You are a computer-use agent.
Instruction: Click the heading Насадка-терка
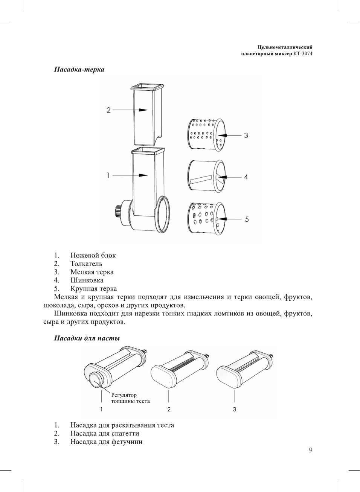coord(79,69)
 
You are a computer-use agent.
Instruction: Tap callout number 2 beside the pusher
coord(108,110)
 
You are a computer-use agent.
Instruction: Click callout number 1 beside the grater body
coord(108,175)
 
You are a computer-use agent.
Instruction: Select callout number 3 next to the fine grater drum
coord(246,136)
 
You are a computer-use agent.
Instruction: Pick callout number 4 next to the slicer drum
coord(246,177)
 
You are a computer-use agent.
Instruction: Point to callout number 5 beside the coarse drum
coord(247,219)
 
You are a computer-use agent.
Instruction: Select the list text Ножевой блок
coord(93,255)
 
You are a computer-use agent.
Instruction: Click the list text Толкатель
coord(86,264)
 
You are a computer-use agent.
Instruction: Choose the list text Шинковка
coord(87,280)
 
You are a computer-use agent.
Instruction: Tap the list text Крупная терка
coord(93,288)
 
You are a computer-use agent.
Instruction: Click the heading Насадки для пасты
coord(87,338)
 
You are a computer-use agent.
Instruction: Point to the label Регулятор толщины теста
coord(130,398)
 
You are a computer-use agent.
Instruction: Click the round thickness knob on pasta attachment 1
coord(96,377)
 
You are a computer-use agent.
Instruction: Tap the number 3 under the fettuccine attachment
coord(235,409)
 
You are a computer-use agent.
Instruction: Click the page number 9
coord(310,450)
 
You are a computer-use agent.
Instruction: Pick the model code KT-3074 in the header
coord(303,53)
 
